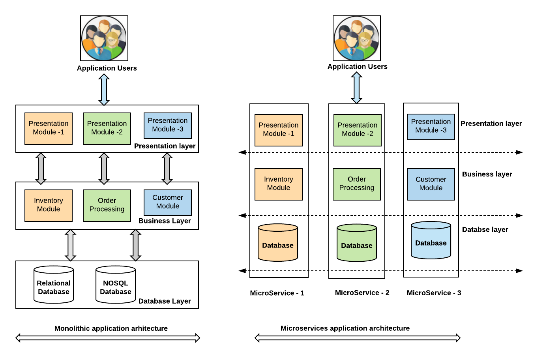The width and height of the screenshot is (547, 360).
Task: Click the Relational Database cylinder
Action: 54,285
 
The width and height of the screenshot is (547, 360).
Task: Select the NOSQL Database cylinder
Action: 116,285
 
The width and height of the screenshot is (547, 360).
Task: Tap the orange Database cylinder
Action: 278,243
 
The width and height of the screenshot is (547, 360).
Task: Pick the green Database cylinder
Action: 357,243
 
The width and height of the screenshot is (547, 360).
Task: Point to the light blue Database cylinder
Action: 431,240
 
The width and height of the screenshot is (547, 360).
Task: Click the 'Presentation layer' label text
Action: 165,146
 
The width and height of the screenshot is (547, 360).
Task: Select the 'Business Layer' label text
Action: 165,221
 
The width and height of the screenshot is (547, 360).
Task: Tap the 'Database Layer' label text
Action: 165,301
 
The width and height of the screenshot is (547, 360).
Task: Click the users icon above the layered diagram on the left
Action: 104,38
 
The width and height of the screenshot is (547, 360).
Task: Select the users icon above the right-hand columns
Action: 357,38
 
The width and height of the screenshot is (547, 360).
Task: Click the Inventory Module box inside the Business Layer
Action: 49,205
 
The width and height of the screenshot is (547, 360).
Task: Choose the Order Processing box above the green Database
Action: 357,184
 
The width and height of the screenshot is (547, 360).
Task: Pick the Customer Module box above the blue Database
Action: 431,184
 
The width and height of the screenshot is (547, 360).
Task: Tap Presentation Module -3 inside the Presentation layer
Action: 168,125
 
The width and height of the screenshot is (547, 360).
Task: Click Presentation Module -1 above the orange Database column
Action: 279,130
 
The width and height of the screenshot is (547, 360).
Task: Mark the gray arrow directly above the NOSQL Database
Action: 136,245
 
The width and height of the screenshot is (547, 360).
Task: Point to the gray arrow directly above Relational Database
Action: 71,245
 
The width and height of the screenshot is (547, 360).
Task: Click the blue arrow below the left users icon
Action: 104,90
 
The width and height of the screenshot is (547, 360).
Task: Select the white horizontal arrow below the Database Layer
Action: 108,338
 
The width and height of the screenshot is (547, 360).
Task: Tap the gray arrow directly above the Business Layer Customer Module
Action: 167,169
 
